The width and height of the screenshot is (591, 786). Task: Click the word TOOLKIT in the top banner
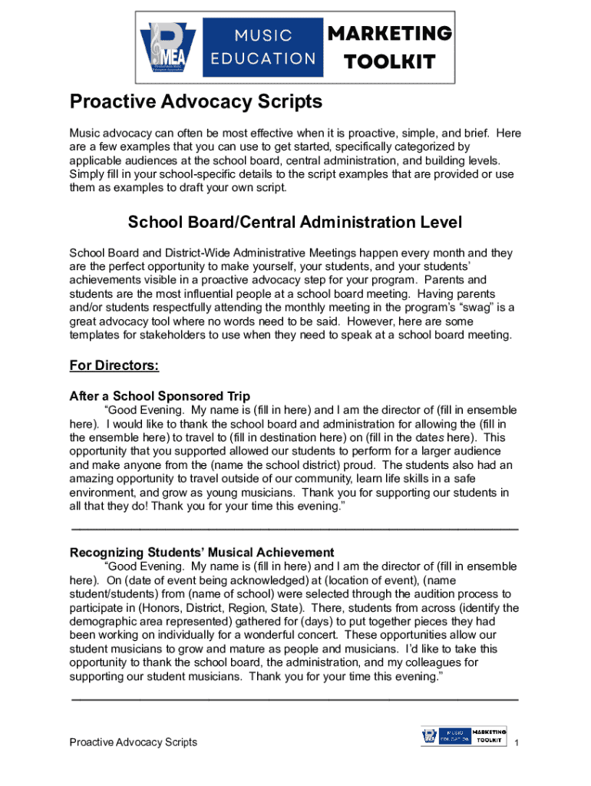pyautogui.click(x=390, y=61)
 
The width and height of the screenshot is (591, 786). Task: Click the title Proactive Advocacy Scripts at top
pyautogui.click(x=196, y=102)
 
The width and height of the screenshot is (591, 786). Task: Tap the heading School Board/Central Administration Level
pyautogui.click(x=295, y=223)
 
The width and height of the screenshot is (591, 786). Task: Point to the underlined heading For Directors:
pyautogui.click(x=114, y=366)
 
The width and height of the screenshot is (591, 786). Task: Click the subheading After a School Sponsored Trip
pyautogui.click(x=160, y=397)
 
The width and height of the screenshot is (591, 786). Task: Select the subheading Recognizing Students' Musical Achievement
pyautogui.click(x=202, y=553)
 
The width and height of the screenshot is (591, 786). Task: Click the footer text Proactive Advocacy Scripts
pyautogui.click(x=134, y=742)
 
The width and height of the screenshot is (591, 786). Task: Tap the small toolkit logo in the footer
pyautogui.click(x=464, y=736)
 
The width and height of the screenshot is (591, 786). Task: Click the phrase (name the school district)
pyautogui.click(x=282, y=466)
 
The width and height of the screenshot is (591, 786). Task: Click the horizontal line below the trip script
pyautogui.click(x=295, y=529)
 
